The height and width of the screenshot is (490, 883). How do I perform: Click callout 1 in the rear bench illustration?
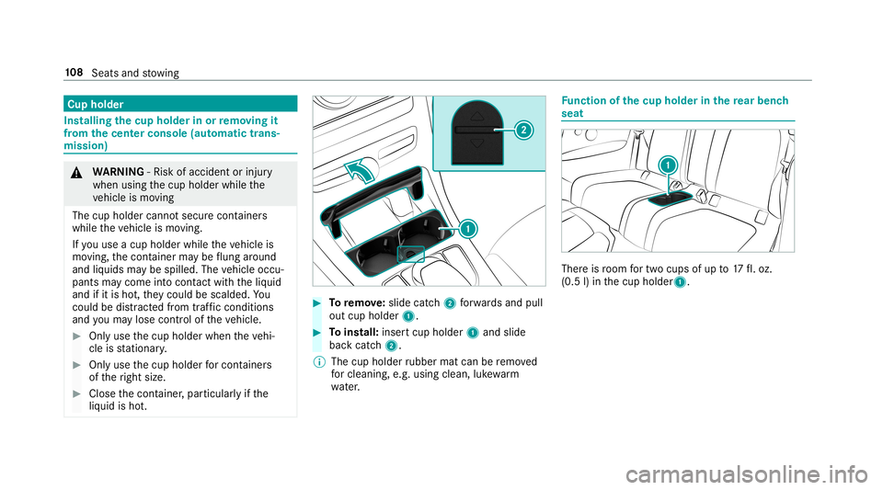pyautogui.click(x=667, y=164)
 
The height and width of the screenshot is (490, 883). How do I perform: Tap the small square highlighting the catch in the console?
pyautogui.click(x=405, y=253)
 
